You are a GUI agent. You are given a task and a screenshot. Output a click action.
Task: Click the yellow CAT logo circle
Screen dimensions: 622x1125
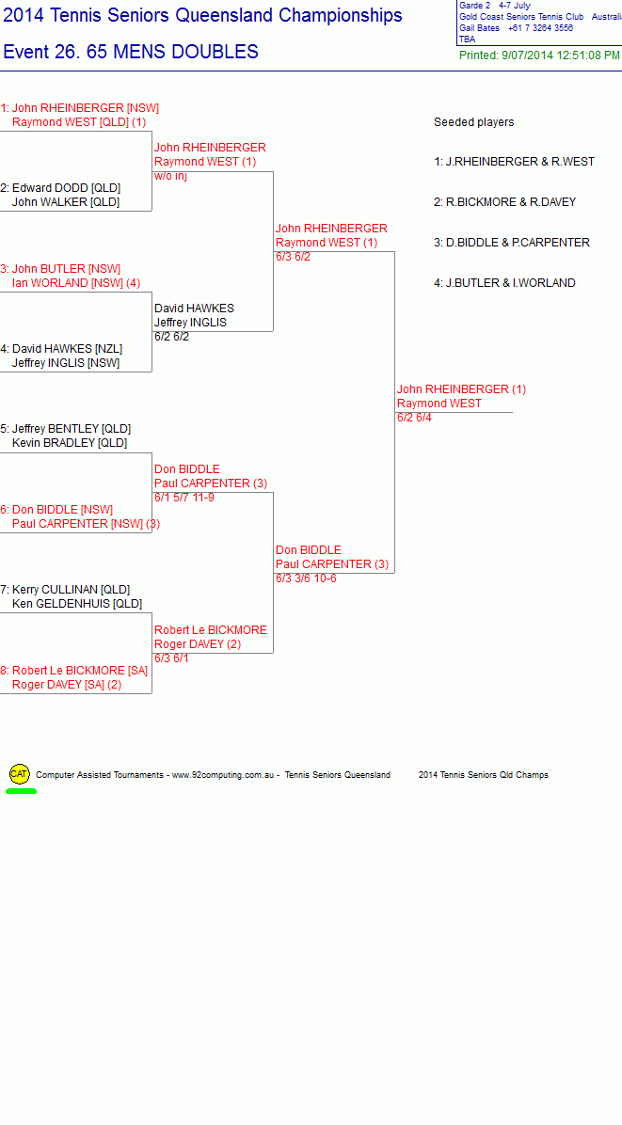pyautogui.click(x=20, y=773)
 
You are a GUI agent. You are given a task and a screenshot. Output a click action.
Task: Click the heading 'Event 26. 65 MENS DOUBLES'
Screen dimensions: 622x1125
pyautogui.click(x=131, y=53)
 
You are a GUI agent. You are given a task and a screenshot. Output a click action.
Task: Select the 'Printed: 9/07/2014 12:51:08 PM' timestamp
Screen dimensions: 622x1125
pyautogui.click(x=539, y=55)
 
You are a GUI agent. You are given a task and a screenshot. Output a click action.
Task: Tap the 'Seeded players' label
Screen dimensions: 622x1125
pyautogui.click(x=473, y=122)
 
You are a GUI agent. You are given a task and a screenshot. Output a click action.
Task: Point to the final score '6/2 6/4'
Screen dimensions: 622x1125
pyautogui.click(x=415, y=418)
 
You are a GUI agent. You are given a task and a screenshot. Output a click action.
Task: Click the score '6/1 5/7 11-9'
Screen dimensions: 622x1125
pyautogui.click(x=183, y=498)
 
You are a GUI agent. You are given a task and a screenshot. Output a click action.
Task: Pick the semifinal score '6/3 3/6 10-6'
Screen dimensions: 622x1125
pyautogui.click(x=306, y=578)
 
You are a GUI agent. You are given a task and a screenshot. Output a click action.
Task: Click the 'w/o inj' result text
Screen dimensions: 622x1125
pyautogui.click(x=170, y=176)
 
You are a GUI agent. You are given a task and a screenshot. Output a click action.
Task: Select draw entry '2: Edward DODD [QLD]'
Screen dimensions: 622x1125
pyautogui.click(x=60, y=188)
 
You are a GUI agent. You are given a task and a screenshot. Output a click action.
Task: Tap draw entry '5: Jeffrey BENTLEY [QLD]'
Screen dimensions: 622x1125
pyautogui.click(x=65, y=429)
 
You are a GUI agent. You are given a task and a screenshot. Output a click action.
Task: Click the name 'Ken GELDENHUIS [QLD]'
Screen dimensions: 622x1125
pyautogui.click(x=77, y=604)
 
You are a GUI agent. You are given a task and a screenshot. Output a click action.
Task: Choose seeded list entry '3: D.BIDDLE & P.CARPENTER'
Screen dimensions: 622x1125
pyautogui.click(x=512, y=243)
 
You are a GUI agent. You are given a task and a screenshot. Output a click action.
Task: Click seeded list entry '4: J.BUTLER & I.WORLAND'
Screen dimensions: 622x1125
pyautogui.click(x=504, y=283)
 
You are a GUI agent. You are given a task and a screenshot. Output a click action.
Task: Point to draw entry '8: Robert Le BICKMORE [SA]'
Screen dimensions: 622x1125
pyautogui.click(x=74, y=671)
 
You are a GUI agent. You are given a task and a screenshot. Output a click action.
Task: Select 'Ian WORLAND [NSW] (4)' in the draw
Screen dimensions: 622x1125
pyautogui.click(x=76, y=283)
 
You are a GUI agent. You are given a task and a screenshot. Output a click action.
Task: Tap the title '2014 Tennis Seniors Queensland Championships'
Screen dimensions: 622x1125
pyautogui.click(x=202, y=15)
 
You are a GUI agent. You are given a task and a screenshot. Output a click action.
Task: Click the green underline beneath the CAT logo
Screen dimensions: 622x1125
pyautogui.click(x=21, y=791)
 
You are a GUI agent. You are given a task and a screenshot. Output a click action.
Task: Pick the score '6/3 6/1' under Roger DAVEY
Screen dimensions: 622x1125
pyautogui.click(x=171, y=658)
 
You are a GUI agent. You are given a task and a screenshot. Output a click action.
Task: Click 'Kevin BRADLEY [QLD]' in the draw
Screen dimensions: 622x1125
pyautogui.click(x=70, y=443)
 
